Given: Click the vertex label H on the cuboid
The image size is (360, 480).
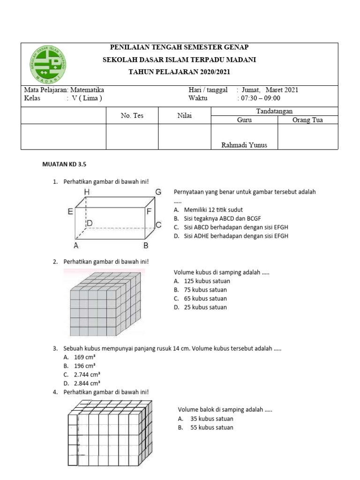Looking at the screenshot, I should (87, 192).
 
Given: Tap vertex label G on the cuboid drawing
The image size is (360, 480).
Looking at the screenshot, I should (158, 192).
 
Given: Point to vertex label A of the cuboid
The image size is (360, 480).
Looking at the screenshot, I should (75, 245).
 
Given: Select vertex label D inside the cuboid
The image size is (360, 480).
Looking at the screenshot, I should (90, 224).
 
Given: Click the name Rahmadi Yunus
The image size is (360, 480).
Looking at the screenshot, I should (244, 145).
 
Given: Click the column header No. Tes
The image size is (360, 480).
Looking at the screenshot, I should (132, 115).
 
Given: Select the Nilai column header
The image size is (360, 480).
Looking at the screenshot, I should (185, 115).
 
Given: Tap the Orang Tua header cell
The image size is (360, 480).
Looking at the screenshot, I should (307, 120).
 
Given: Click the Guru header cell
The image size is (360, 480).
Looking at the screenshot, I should (245, 120).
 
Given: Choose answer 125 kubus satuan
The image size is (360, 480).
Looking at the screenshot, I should (207, 281).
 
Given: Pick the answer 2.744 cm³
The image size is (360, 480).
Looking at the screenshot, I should (87, 374).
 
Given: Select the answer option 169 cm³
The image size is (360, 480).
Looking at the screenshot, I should (85, 357).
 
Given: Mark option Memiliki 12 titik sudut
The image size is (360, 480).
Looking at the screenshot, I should (213, 210).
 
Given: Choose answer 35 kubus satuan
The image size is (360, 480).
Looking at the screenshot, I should (211, 419).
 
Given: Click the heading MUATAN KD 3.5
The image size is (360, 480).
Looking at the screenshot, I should (65, 165).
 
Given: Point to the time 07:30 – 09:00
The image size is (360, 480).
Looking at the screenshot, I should (260, 98).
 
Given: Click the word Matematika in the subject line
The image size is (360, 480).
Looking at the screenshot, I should (87, 90).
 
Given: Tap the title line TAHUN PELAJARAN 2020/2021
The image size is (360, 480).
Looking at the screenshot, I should (180, 72).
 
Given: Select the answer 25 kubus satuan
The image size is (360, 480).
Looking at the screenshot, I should (205, 307).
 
